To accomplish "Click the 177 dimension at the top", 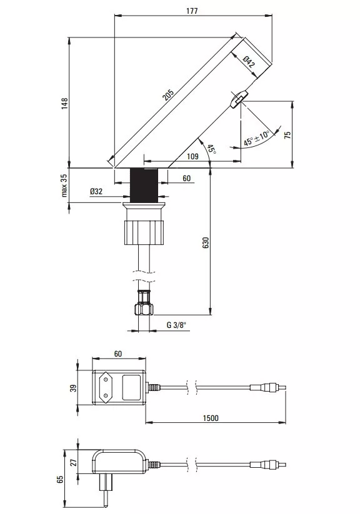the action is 192,11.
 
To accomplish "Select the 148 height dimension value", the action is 64,103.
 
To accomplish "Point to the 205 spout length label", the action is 168,95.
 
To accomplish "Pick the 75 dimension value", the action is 287,135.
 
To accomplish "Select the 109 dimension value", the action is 192,156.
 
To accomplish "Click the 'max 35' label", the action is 64,185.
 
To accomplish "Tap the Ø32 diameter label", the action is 96,191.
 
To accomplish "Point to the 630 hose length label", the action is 206,242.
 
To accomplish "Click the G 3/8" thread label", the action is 176,325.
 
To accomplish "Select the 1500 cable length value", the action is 211,418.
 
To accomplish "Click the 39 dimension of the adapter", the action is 74,388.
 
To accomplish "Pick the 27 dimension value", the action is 74,462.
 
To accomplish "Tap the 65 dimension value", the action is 60,479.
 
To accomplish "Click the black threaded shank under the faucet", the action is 145,185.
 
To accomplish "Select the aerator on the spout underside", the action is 238,99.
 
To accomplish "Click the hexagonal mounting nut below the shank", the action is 144,233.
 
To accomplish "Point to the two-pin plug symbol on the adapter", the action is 106,388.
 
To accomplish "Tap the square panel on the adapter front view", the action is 131,388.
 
